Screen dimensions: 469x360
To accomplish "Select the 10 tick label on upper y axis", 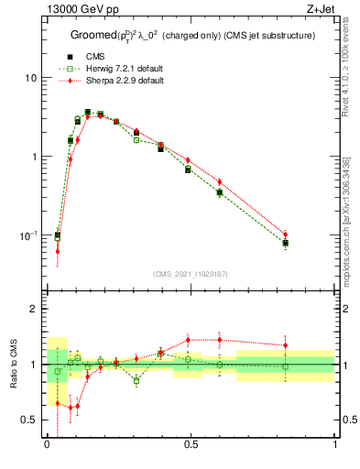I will pyautogui.click(x=30, y=78).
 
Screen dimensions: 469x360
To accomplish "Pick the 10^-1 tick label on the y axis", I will pyautogui.click(x=27, y=235).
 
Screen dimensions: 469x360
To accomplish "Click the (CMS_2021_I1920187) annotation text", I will pyautogui.click(x=191, y=274).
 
